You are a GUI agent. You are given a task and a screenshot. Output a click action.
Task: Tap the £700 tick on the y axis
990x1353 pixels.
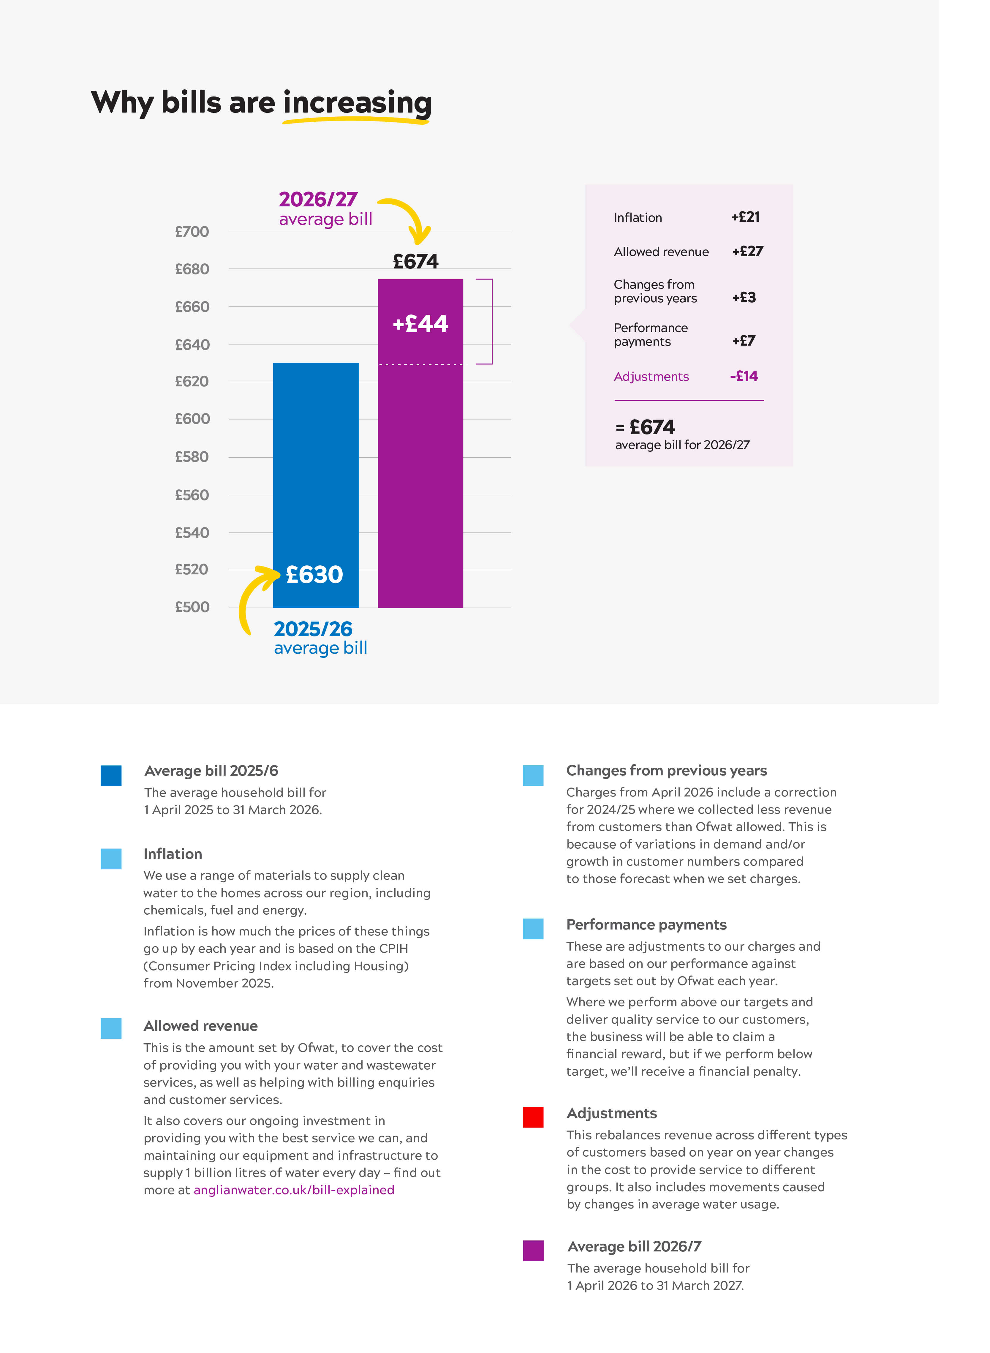tap(192, 232)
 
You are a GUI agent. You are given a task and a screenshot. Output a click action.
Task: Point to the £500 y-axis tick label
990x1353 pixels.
tap(192, 607)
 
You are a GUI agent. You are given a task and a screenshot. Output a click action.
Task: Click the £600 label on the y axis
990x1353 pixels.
tap(192, 419)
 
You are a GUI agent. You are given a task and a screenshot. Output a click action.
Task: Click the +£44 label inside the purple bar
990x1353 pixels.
tap(420, 324)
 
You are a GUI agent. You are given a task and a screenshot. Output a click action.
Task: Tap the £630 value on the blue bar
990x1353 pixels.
tap(314, 575)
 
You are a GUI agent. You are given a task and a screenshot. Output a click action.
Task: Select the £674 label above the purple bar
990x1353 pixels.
tap(415, 261)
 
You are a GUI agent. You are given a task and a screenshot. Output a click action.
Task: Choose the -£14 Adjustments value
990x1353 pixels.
tap(744, 376)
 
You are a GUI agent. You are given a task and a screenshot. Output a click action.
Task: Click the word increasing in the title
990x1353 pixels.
tap(357, 102)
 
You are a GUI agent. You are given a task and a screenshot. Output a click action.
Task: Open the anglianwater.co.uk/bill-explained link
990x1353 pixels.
tap(294, 1190)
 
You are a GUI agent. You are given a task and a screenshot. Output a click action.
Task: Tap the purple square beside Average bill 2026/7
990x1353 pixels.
tap(533, 1251)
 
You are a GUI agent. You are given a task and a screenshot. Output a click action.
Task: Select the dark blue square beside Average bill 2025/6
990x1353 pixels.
tap(111, 775)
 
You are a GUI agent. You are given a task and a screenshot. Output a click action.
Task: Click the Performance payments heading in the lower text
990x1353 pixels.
tap(646, 924)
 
